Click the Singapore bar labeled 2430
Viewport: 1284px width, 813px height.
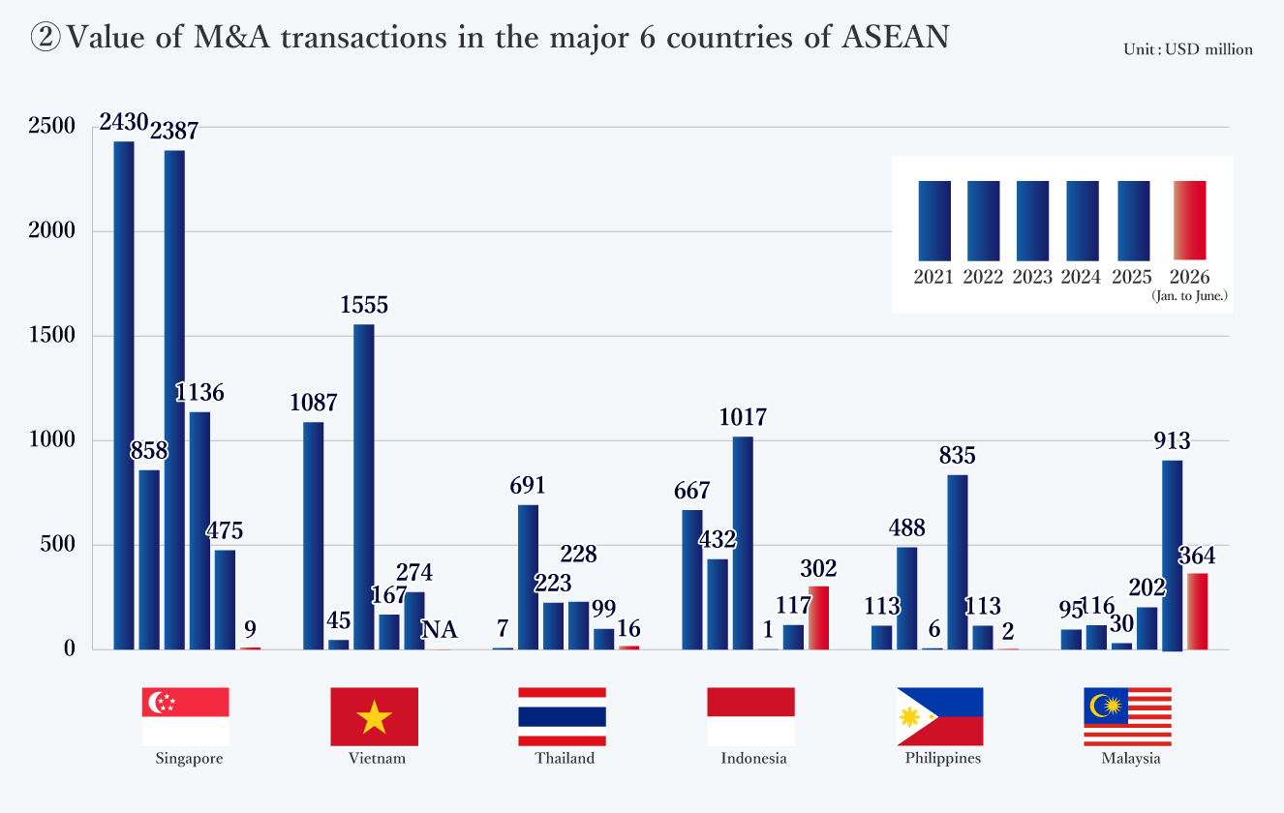click(x=124, y=395)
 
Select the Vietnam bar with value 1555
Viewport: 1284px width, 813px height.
click(x=363, y=487)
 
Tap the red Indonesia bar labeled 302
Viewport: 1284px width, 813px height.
click(x=818, y=617)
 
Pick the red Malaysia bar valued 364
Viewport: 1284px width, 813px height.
click(x=1198, y=612)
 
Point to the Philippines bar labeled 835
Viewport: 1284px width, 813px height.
click(x=958, y=562)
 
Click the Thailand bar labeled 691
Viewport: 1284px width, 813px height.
click(x=528, y=577)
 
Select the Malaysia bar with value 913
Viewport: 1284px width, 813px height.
click(x=1173, y=556)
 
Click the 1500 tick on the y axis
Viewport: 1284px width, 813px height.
click(x=51, y=335)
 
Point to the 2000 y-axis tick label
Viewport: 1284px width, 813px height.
click(x=51, y=230)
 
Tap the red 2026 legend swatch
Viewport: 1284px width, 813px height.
click(x=1189, y=221)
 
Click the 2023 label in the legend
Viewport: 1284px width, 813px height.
click(x=1032, y=277)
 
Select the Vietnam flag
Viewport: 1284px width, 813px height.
click(x=375, y=716)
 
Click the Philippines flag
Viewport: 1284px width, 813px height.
click(x=940, y=716)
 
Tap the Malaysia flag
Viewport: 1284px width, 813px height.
click(x=1127, y=716)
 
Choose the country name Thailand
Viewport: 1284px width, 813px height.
click(x=565, y=759)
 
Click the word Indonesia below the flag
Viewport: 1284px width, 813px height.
click(x=753, y=759)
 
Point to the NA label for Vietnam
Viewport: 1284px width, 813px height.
click(x=440, y=630)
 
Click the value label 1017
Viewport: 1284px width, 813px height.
click(x=743, y=417)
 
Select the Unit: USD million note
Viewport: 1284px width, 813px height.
click(x=1188, y=50)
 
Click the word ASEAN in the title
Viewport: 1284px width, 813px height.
click(x=896, y=37)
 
